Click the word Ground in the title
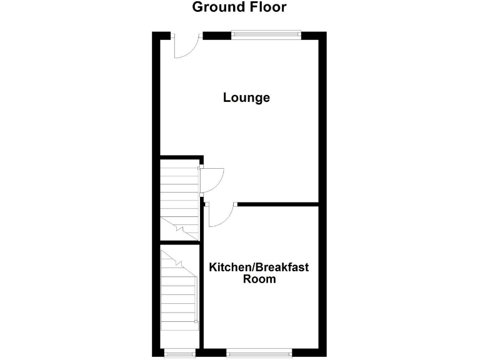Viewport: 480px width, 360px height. tap(216, 7)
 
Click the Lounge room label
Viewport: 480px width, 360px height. tap(246, 98)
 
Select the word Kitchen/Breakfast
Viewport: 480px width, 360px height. tap(258, 267)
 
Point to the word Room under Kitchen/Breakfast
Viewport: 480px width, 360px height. tap(259, 279)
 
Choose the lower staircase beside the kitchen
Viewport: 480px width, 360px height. tap(179, 294)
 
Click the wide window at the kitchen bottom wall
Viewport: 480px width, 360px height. tap(259, 353)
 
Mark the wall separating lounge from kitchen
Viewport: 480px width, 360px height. tap(278, 203)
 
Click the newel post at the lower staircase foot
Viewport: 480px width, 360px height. tap(196, 322)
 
